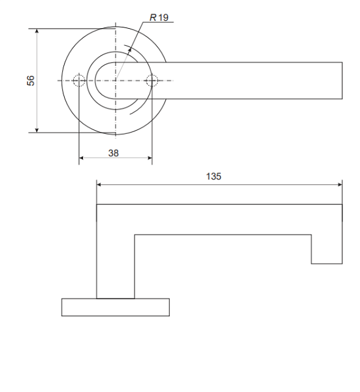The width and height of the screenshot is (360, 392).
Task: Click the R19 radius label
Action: tap(159, 18)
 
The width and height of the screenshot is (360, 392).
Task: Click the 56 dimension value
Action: tap(30, 80)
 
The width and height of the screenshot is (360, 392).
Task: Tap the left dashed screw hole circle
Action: tap(78, 81)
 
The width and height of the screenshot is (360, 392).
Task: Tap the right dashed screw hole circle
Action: tap(152, 81)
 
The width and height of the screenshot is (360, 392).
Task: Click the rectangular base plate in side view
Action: tap(115, 307)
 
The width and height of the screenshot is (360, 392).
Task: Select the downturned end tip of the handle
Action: tap(327, 249)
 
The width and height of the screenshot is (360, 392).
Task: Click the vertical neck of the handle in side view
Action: tap(115, 261)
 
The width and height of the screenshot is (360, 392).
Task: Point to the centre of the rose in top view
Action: tap(116, 81)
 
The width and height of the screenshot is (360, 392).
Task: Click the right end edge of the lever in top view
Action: tap(342, 81)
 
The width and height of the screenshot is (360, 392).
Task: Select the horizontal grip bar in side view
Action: tap(219, 220)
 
